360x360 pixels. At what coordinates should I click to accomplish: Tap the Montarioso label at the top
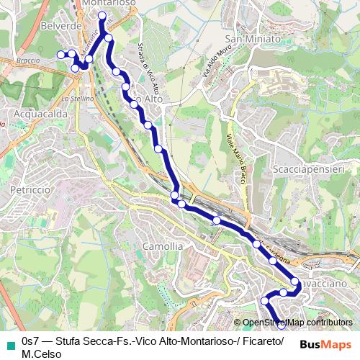(x=109, y=4)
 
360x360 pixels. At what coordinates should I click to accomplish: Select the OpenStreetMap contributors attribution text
(x=298, y=323)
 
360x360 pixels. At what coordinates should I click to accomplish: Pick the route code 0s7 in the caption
(x=31, y=341)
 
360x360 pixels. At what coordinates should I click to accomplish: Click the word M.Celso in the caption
(x=42, y=354)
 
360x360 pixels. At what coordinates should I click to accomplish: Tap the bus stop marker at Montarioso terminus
(x=102, y=15)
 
